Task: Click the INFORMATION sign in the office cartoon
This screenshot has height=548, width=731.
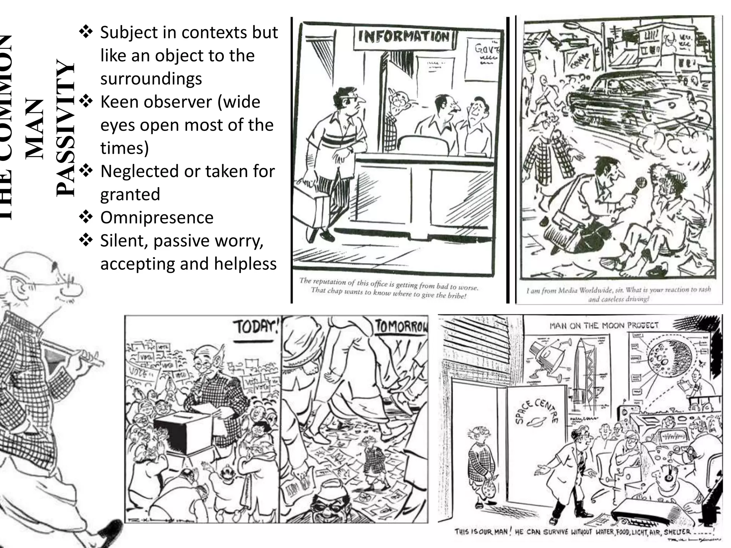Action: coord(403,36)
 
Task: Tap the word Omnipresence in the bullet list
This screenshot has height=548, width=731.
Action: coord(157,218)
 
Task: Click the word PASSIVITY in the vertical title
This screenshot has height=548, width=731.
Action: coord(66,128)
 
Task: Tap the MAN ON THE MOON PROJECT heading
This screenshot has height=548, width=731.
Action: coord(604,325)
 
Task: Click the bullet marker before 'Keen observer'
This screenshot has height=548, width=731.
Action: coord(86,102)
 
